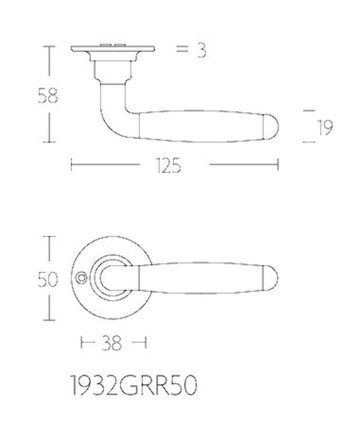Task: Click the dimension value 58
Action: point(48,96)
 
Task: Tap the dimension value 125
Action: point(168,165)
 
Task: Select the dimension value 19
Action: point(325,127)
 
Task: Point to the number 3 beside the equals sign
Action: point(202,51)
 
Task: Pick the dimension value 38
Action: point(111,343)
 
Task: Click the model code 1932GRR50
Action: point(134,386)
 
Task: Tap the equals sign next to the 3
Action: point(182,49)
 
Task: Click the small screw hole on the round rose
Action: point(80,279)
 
